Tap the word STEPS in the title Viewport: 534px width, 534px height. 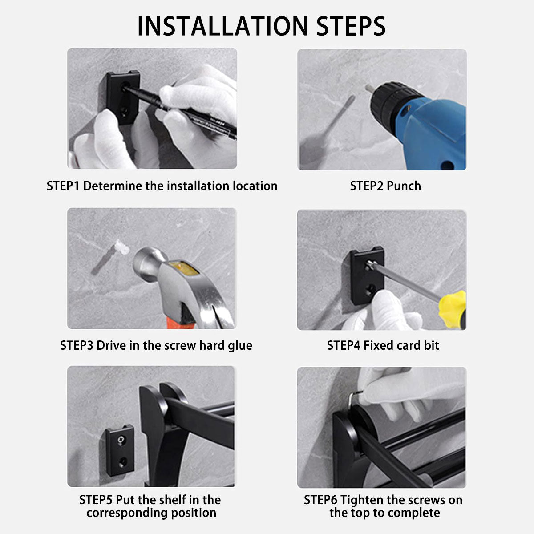351,26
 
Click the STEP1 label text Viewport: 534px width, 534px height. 63,186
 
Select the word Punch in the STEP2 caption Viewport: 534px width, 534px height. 404,186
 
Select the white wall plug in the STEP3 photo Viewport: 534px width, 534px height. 122,247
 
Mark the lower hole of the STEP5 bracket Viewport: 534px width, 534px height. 122,461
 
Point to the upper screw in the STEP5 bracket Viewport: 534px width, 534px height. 121,440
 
